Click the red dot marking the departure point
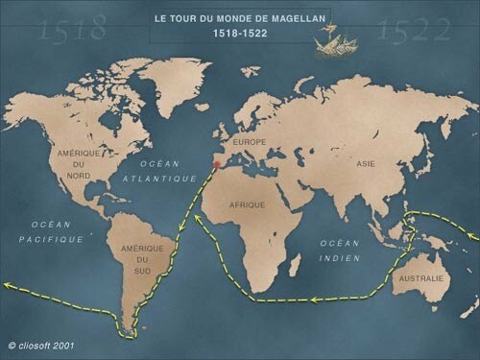point(217,165)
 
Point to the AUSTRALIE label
point(422,279)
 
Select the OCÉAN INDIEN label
point(340,251)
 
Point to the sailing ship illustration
point(337,39)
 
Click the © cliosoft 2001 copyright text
point(42,344)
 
